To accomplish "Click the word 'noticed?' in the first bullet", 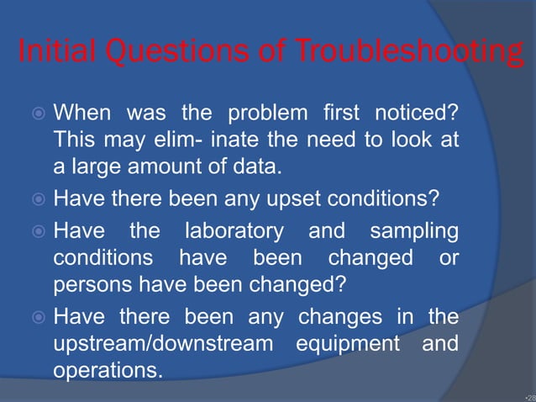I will tap(422, 112).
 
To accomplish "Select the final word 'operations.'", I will tap(108, 371).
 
